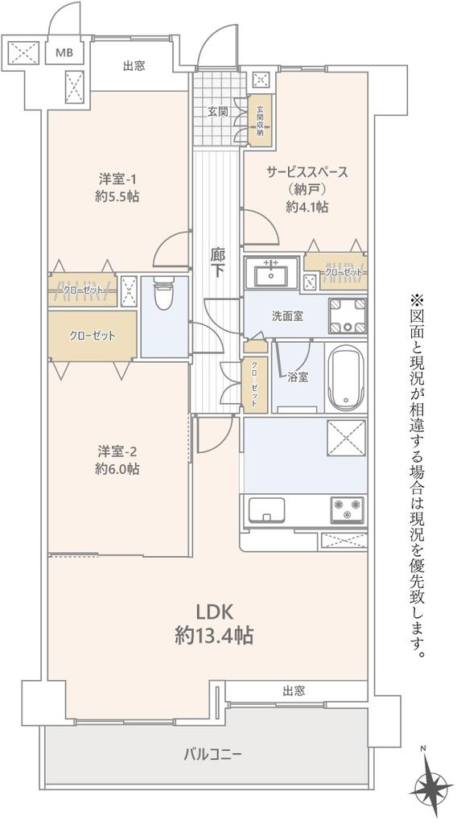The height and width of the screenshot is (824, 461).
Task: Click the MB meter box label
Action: [64, 51]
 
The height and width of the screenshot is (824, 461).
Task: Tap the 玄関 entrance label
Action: [217, 111]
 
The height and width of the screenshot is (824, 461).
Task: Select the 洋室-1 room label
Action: [117, 179]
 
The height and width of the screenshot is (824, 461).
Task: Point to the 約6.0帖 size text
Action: [117, 469]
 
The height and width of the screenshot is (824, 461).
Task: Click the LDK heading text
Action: [215, 612]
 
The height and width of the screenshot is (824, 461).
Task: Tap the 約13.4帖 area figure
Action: [215, 637]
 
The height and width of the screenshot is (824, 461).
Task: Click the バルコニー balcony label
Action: [212, 755]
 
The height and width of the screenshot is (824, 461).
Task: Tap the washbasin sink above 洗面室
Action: [271, 274]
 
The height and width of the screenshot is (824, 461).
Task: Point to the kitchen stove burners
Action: [348, 509]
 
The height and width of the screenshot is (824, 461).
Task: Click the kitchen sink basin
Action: [266, 509]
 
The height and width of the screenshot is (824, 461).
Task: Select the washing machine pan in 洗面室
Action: [348, 315]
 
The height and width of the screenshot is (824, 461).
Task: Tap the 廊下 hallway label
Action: [217, 263]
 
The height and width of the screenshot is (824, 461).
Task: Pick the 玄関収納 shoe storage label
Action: [260, 121]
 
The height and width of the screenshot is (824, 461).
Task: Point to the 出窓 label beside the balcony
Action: [294, 690]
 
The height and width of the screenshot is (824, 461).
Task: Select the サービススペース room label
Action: [307, 172]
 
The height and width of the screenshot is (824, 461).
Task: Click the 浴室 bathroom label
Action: [298, 377]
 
